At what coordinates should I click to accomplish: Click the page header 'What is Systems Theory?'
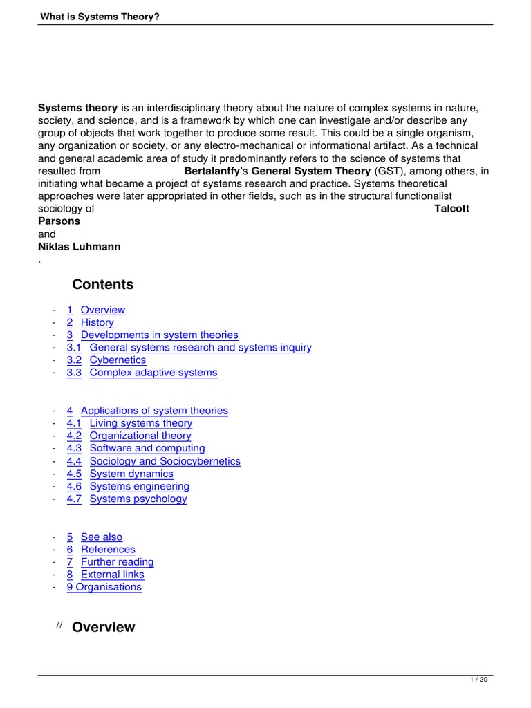[x=99, y=16]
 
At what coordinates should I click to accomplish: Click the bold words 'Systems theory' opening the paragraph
[x=77, y=108]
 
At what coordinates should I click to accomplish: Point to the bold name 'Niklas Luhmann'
[x=79, y=246]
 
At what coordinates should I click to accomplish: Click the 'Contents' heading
[x=103, y=285]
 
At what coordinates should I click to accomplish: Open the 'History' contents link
[x=97, y=322]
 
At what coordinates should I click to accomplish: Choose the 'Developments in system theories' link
[x=159, y=335]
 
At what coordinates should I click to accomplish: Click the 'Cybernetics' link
[x=118, y=360]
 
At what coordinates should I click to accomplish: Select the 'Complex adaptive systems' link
[x=153, y=373]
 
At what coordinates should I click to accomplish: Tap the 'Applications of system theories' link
[x=154, y=411]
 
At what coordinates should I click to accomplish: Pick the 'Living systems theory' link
[x=141, y=423]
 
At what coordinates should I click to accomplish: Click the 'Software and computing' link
[x=147, y=448]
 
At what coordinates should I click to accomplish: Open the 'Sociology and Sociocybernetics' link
[x=165, y=461]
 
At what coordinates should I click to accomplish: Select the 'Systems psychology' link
[x=138, y=499]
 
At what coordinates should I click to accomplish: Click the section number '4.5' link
[x=74, y=474]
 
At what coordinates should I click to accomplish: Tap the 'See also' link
[x=101, y=537]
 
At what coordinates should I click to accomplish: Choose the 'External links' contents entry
[x=112, y=575]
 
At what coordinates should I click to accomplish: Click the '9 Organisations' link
[x=104, y=587]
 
